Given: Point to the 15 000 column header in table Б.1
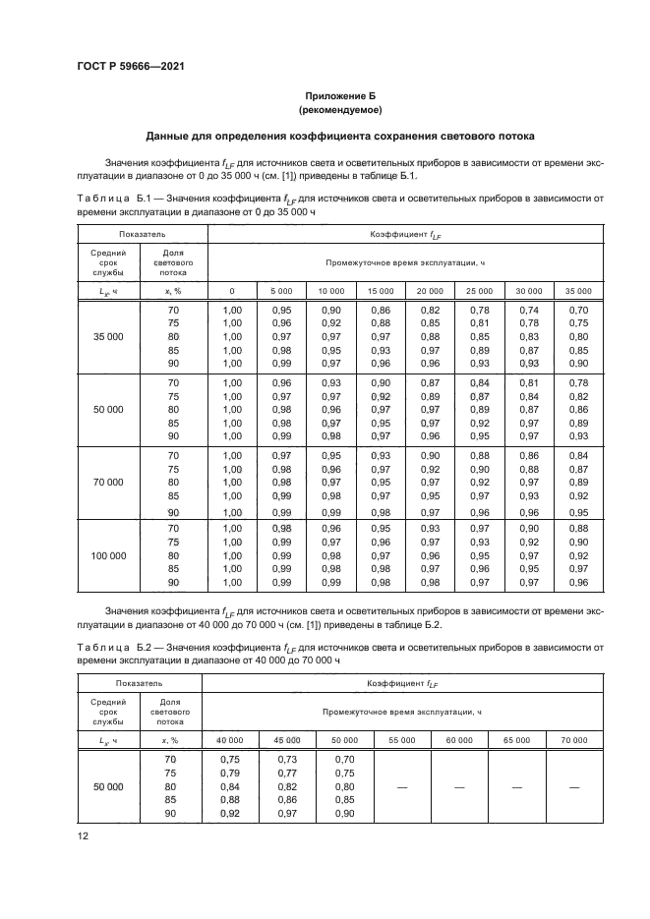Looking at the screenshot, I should pyautogui.click(x=380, y=291).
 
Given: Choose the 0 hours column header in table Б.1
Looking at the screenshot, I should pyautogui.click(x=232, y=291).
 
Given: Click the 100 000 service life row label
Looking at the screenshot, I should pyautogui.click(x=109, y=555).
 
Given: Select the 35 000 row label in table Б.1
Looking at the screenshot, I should pyautogui.click(x=109, y=336).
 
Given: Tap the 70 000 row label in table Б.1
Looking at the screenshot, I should pyautogui.click(x=109, y=483).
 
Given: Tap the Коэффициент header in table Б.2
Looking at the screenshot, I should pyautogui.click(x=404, y=682).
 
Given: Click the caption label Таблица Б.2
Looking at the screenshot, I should pyautogui.click(x=108, y=646).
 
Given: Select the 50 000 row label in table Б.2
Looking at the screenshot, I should pyautogui.click(x=109, y=787).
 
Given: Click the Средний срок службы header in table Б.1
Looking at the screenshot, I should pyautogui.click(x=109, y=264).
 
